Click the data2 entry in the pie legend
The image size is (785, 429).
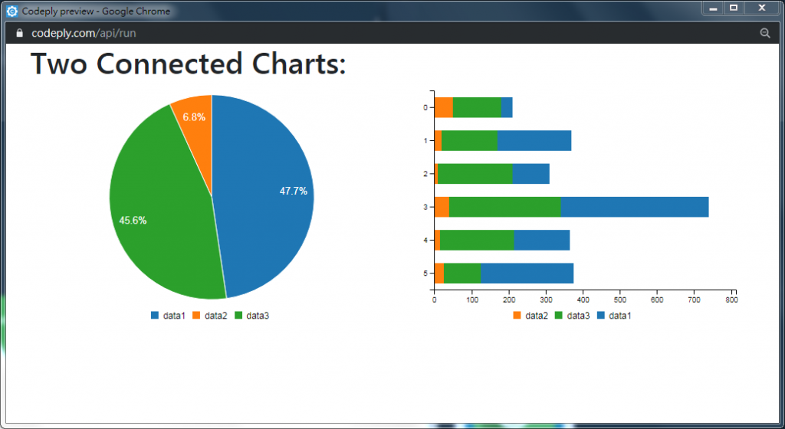[209, 316]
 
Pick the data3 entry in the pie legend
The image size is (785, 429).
[251, 316]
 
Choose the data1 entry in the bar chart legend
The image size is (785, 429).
[615, 316]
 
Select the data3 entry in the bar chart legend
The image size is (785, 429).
[572, 316]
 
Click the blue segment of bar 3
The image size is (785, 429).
[634, 207]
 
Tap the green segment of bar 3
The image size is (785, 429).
[504, 207]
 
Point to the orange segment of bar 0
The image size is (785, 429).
[443, 107]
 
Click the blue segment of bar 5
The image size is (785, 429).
[527, 273]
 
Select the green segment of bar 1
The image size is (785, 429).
[469, 141]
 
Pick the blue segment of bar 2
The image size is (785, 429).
[530, 174]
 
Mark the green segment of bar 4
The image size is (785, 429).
[476, 241]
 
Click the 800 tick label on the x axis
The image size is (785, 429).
[731, 301]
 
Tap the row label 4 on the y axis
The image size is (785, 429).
[425, 241]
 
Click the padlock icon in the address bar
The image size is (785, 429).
[20, 34]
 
